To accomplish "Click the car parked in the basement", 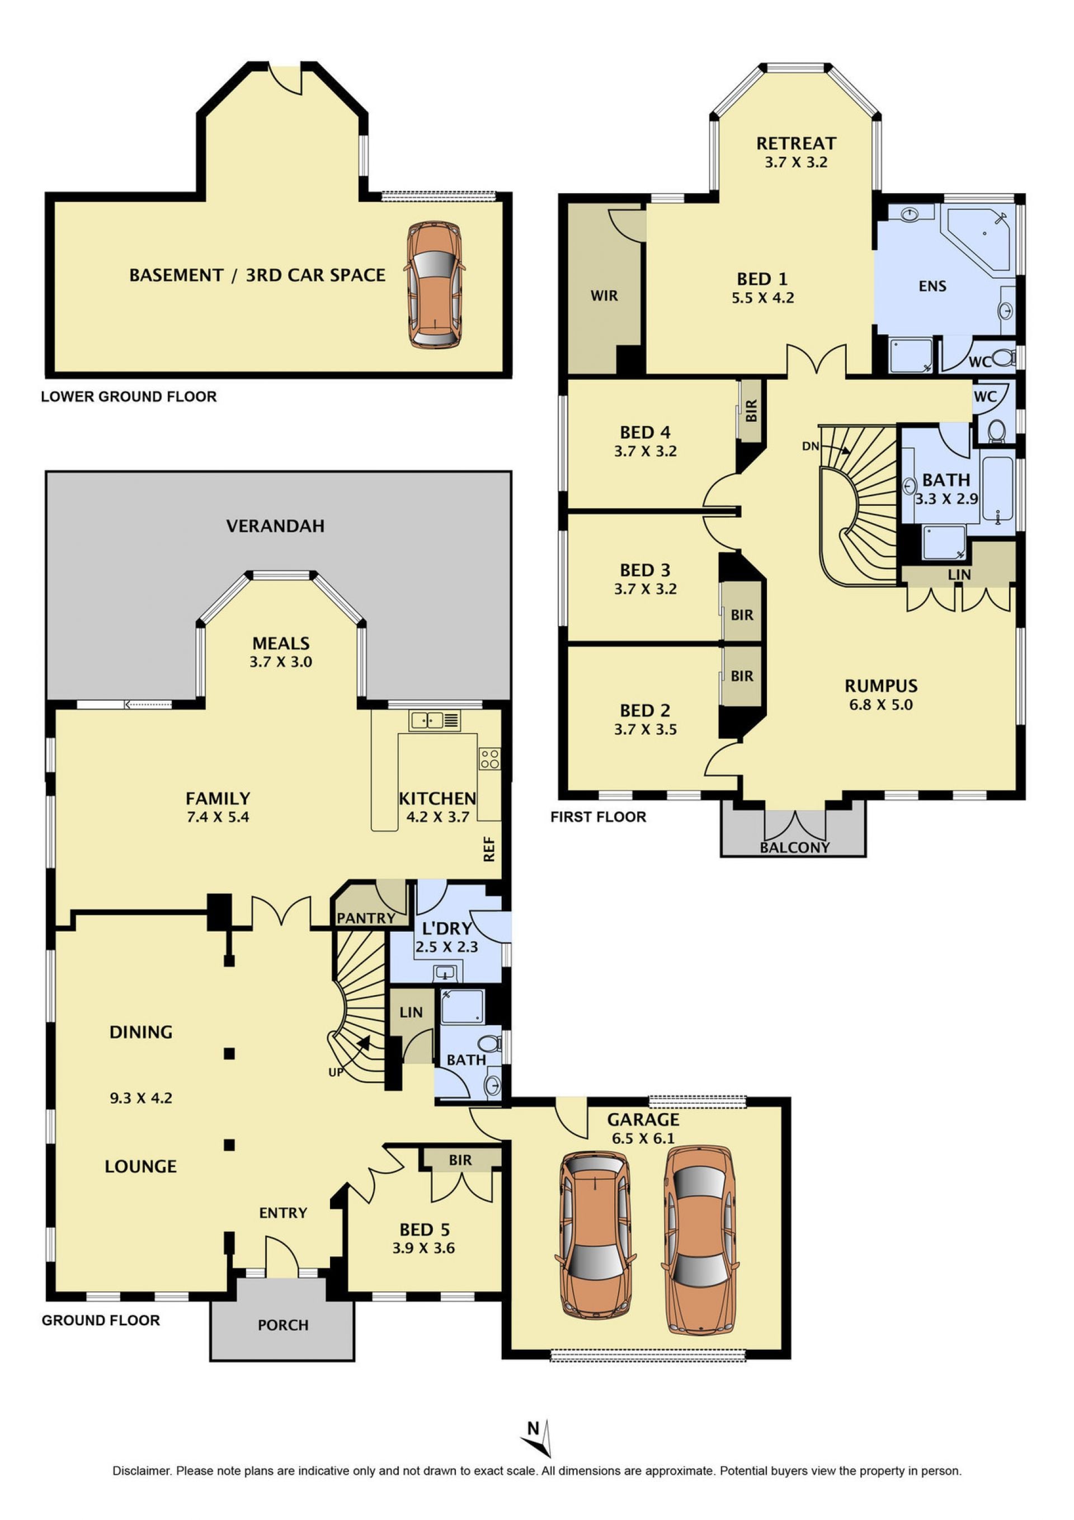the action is tap(434, 285).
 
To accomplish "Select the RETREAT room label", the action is tap(796, 143).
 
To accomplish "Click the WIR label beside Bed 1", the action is tap(604, 296).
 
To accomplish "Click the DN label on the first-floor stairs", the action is tap(811, 446).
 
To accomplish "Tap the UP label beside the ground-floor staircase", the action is tap(336, 1072).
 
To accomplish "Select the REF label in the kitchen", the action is tap(489, 850).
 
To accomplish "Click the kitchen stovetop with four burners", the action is tap(489, 759).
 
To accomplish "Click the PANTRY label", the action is tap(366, 918).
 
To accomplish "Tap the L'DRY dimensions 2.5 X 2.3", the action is tap(447, 947).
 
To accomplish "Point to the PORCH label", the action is tap(283, 1325).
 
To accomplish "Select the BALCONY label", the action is tap(795, 847).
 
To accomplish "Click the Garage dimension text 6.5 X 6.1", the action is tap(643, 1138).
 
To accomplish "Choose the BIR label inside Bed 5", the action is tap(460, 1160).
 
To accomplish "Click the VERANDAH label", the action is tap(275, 526).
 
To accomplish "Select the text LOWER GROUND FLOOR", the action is tap(129, 397).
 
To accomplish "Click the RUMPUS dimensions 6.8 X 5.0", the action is tap(881, 705).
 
